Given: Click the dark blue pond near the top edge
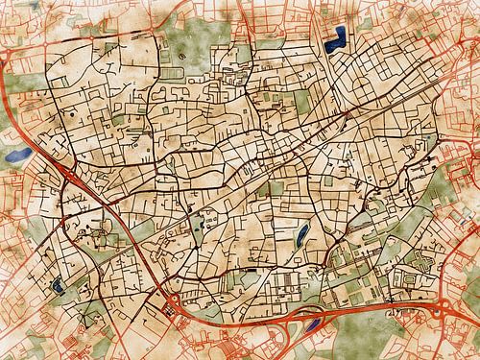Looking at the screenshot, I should [x=337, y=40].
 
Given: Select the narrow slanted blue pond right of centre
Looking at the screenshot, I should [x=301, y=233].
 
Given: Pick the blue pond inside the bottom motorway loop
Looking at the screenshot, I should [x=312, y=324].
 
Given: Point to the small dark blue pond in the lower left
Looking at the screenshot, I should [x=60, y=284].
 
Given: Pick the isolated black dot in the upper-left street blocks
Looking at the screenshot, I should [x=73, y=115].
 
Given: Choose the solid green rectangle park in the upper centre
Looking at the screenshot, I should [x=302, y=100].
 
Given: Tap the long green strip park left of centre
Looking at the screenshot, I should [x=200, y=229].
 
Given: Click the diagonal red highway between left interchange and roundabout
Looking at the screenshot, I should [x=125, y=240].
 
